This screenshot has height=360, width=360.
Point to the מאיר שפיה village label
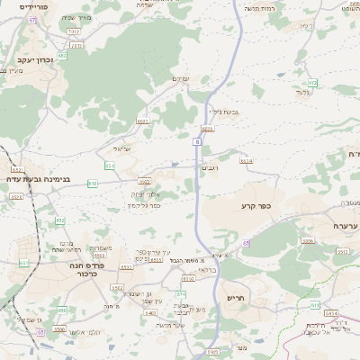click(x=77, y=17)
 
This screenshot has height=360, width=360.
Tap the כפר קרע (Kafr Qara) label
click(x=262, y=207)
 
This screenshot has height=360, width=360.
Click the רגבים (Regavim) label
click(x=212, y=166)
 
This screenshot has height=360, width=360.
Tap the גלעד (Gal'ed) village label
click(x=302, y=92)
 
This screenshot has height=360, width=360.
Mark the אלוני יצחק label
click(x=145, y=194)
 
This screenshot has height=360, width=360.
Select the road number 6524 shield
click(x=246, y=161)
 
